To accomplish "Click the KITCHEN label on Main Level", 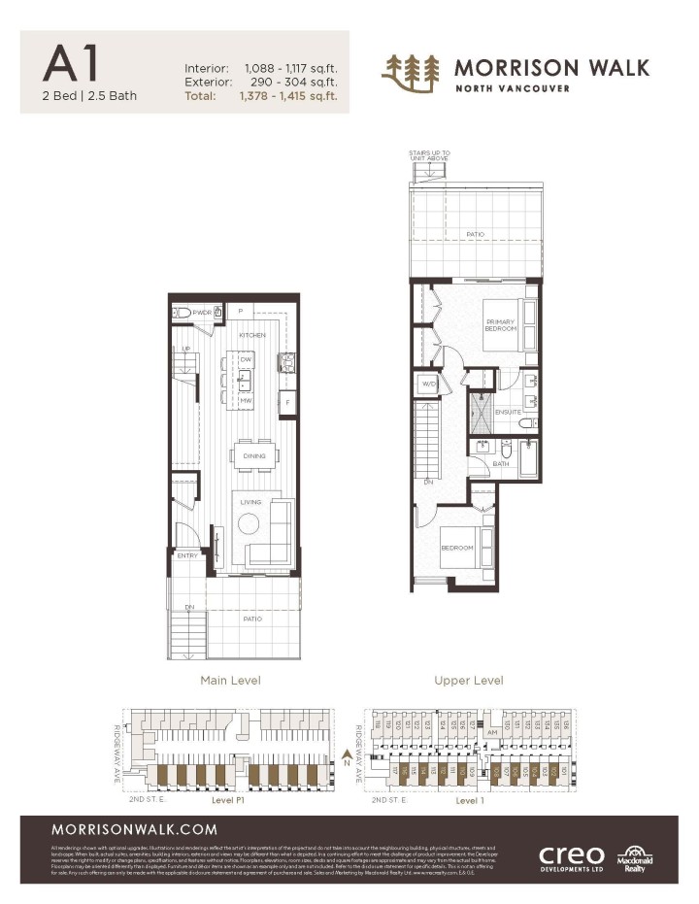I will (x=252, y=335).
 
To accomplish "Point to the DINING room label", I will (x=253, y=455).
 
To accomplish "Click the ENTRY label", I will (x=187, y=555).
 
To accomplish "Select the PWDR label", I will (x=202, y=313).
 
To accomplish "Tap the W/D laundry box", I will (x=428, y=385).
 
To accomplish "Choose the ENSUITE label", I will (x=508, y=412).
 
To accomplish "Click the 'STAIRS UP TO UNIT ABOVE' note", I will (x=430, y=155).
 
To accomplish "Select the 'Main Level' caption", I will (x=230, y=680).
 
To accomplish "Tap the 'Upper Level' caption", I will (x=469, y=680).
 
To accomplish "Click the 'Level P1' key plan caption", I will (x=230, y=802).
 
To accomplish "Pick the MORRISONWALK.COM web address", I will (x=120, y=830).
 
